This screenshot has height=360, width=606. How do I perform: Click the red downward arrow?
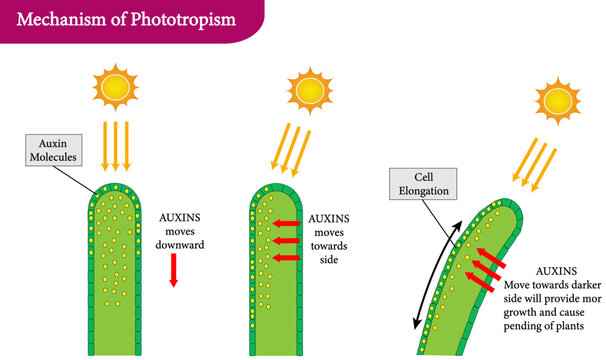(x=172, y=270)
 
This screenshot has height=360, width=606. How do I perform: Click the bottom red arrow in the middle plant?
(x=288, y=258)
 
